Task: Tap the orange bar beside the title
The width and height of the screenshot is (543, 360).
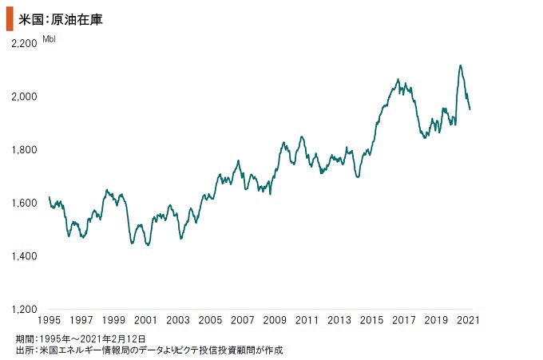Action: coord(9,18)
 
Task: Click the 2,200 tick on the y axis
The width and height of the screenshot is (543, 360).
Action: coord(25,43)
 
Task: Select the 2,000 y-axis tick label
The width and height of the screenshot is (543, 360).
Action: coord(25,97)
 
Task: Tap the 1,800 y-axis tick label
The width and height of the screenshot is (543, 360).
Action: coord(25,149)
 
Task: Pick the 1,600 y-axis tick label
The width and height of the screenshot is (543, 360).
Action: coord(25,203)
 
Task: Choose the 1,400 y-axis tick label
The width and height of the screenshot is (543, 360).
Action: coord(25,256)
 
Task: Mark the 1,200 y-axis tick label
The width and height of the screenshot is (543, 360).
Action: coord(25,309)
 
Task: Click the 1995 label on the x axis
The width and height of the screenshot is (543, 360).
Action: coord(50,321)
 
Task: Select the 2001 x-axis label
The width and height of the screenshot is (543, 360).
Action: coord(145,321)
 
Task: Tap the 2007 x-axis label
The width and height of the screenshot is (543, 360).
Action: coord(242,321)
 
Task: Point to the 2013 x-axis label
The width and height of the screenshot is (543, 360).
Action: coord(339,321)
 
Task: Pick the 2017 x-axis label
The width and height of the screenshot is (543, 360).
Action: coord(404,321)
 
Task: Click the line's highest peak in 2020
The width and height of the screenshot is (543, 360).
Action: coord(460,65)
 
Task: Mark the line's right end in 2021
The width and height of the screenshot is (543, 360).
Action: coord(470,109)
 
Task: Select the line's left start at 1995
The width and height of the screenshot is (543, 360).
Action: coord(50,197)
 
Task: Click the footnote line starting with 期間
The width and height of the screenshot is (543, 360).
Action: coord(80,338)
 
